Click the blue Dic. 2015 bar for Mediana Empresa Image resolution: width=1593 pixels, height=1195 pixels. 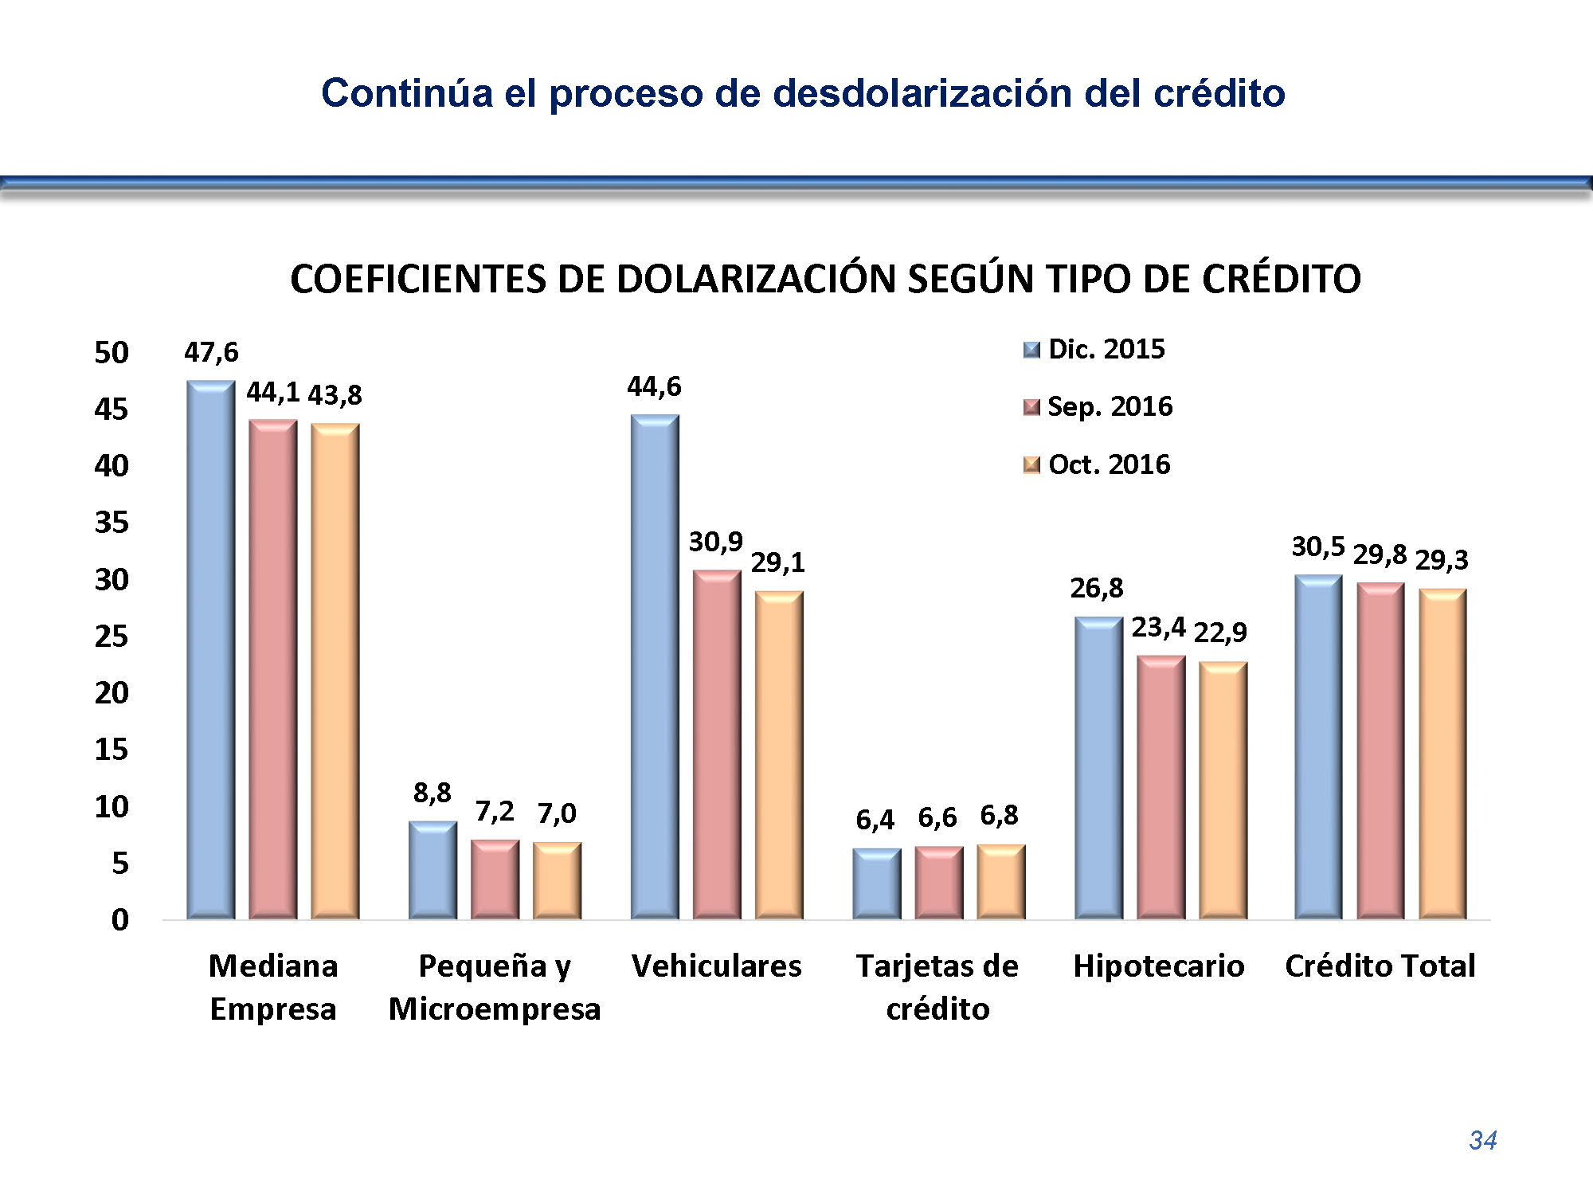click(211, 649)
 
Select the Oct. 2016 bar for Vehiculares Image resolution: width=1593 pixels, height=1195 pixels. click(779, 755)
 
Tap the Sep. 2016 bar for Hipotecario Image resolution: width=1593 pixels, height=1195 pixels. click(1161, 787)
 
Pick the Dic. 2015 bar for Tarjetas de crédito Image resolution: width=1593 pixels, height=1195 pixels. click(876, 884)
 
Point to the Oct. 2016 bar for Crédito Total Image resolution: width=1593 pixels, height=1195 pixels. click(1442, 754)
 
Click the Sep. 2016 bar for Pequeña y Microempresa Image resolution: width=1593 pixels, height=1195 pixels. click(495, 880)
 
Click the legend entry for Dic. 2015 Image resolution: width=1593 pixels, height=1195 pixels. click(1095, 349)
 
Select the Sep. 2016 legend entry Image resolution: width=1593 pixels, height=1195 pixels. click(1099, 407)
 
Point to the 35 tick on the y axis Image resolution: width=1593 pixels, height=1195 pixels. click(112, 523)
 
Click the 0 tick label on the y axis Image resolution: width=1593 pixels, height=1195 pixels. click(119, 920)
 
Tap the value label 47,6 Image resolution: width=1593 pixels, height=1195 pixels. click(211, 352)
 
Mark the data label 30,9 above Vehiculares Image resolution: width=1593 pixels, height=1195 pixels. click(715, 542)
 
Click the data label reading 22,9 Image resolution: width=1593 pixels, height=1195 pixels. click(1220, 633)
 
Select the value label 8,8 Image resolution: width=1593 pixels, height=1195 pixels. click(432, 793)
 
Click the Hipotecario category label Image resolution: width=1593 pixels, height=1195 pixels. click(1159, 966)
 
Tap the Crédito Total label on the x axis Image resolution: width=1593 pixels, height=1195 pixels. click(1380, 966)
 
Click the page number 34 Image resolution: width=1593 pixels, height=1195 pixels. click(1482, 1140)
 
